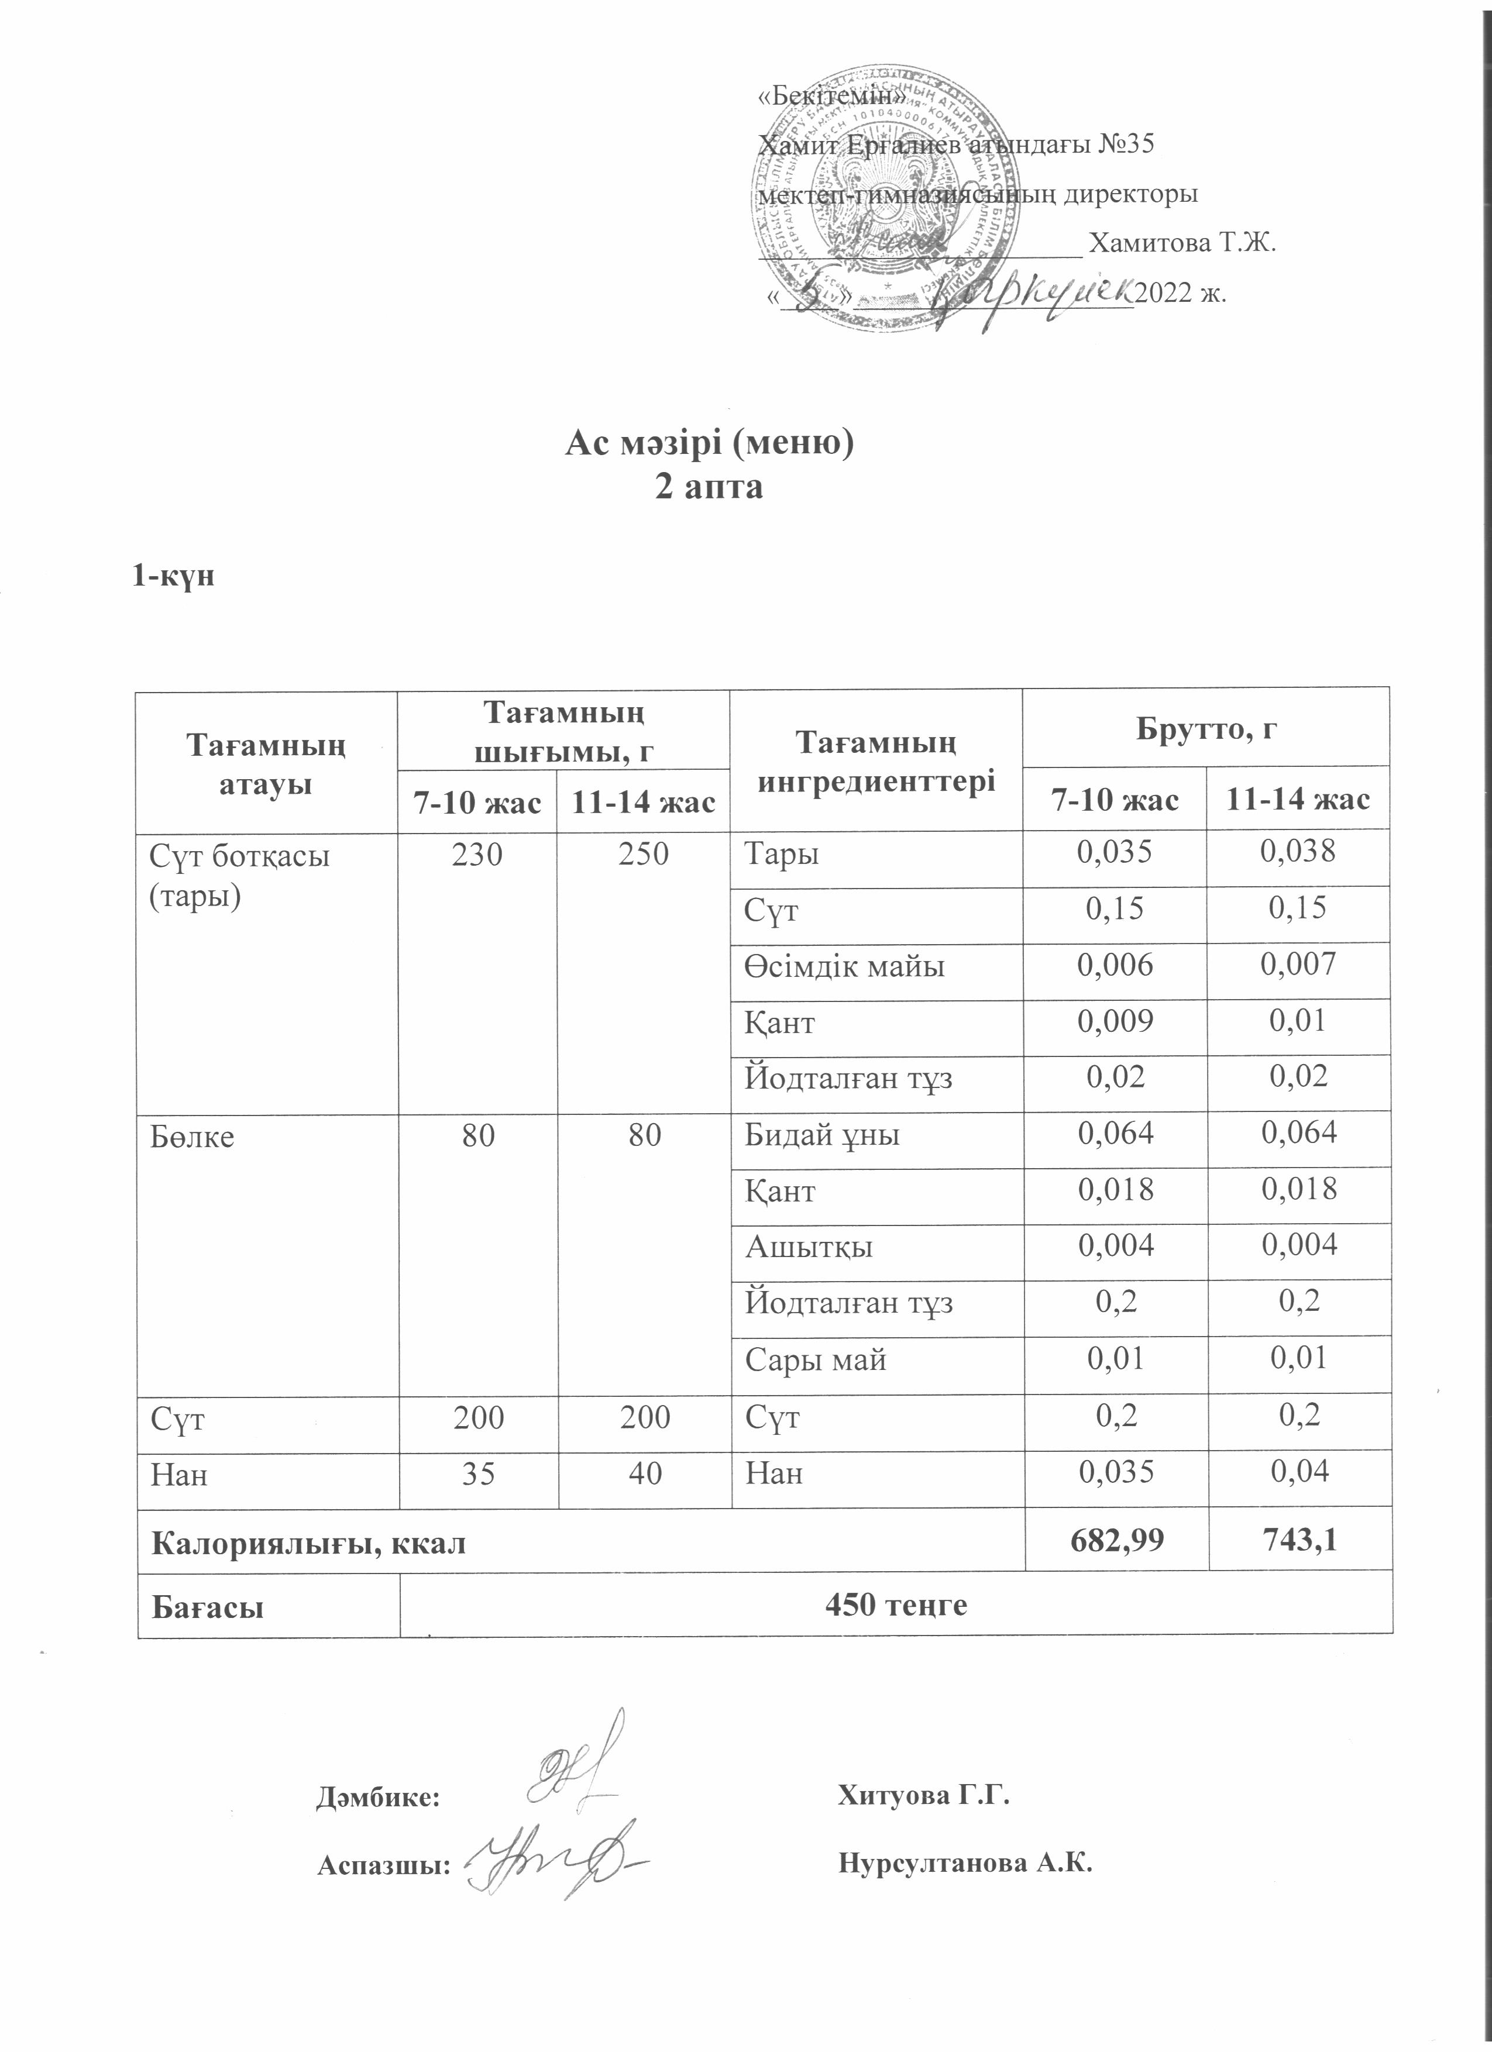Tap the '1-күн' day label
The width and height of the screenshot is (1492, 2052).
(x=173, y=576)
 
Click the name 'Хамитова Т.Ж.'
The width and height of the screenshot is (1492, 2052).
(x=1182, y=243)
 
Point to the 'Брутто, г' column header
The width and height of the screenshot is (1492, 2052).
(x=1206, y=729)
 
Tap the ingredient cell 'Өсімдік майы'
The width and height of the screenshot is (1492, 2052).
(x=844, y=966)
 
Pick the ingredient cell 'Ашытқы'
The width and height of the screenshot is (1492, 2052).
(x=808, y=1247)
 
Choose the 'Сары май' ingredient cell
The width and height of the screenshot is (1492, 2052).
(x=814, y=1360)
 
